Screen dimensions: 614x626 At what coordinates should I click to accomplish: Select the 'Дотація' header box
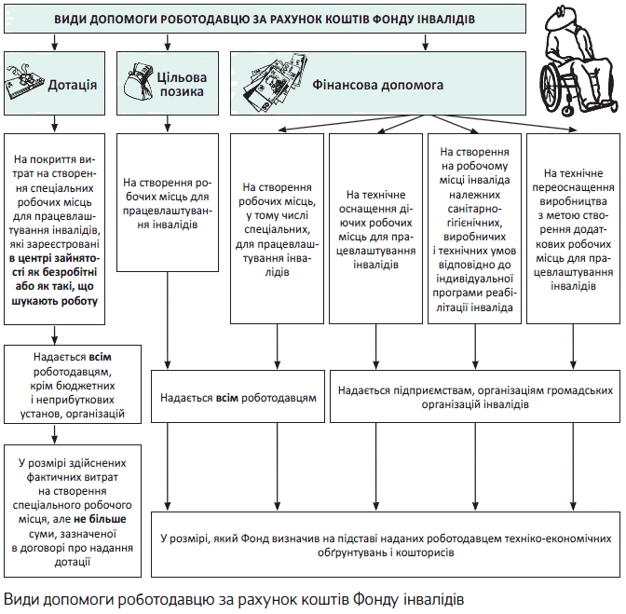pos(58,85)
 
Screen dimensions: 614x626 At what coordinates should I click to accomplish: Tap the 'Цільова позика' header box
pos(168,85)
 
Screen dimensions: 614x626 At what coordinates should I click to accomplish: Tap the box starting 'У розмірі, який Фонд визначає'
pos(385,545)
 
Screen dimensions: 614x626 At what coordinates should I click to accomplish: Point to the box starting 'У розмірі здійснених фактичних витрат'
pos(71,512)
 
